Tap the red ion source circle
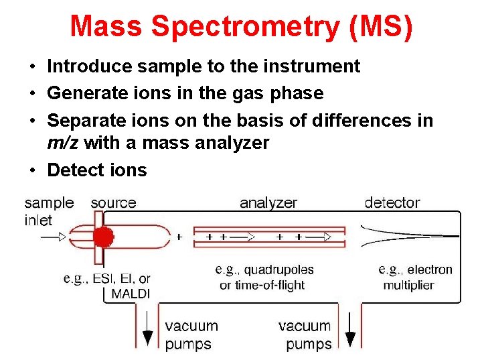pyautogui.click(x=102, y=237)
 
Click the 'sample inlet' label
pyautogui.click(x=49, y=211)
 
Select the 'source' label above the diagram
pyautogui.click(x=113, y=202)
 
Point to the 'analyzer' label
pyautogui.click(x=268, y=202)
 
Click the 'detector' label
pyautogui.click(x=392, y=202)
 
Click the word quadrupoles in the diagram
pyautogui.click(x=278, y=270)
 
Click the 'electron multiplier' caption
pyautogui.click(x=416, y=277)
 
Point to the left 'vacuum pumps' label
pyautogui.click(x=191, y=335)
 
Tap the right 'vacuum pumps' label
pyautogui.click(x=305, y=335)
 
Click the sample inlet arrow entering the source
pyautogui.click(x=54, y=237)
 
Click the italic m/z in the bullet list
pyautogui.click(x=64, y=142)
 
